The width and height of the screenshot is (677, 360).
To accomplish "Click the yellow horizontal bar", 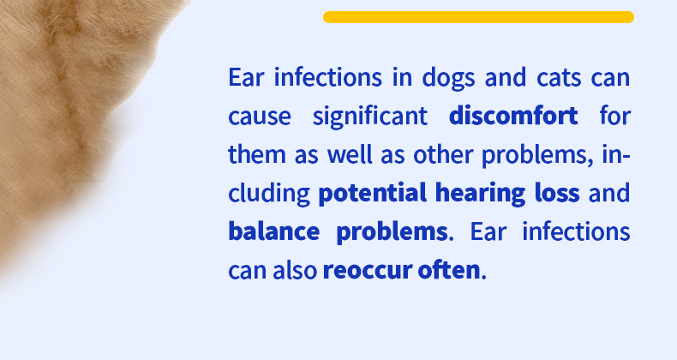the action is tap(478, 17).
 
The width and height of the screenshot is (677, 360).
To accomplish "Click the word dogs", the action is tap(448, 78).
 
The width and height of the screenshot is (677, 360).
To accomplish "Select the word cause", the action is tap(260, 117).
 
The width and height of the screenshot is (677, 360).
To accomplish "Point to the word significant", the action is tap(370, 116).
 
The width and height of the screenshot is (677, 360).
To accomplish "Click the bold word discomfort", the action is tap(513, 115).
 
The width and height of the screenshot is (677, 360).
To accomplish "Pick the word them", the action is tap(257, 154).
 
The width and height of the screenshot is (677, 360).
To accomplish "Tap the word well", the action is tap(350, 154).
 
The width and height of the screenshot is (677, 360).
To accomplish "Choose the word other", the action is tap(443, 154).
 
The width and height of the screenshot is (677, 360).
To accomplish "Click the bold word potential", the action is tap(372, 193).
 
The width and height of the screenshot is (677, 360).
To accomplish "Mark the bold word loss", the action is tap(557, 193).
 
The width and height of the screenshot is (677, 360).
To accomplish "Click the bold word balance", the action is tap(273, 231).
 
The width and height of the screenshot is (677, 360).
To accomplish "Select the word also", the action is tap(295, 270).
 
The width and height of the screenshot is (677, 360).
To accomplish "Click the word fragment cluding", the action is tap(269, 193).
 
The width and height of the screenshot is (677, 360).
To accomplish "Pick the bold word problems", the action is tap(392, 232).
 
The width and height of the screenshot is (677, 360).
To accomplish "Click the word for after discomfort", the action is tap(615, 115).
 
